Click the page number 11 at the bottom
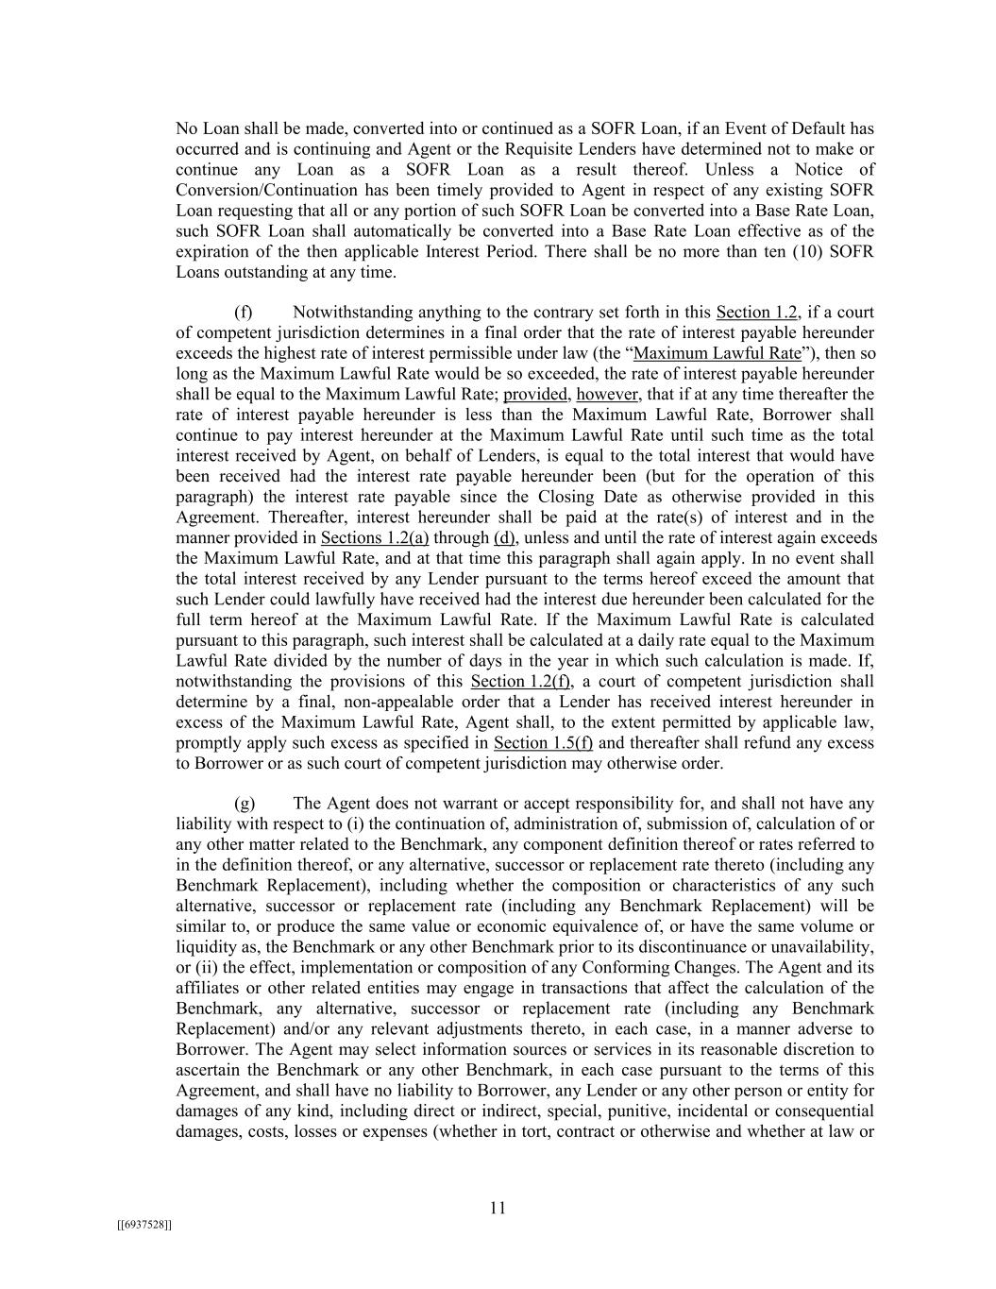(x=498, y=1208)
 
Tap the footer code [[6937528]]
(x=144, y=1225)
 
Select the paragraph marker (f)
(x=244, y=313)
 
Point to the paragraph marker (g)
(x=245, y=804)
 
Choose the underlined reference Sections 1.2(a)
(x=375, y=538)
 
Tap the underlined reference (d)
(x=504, y=538)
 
